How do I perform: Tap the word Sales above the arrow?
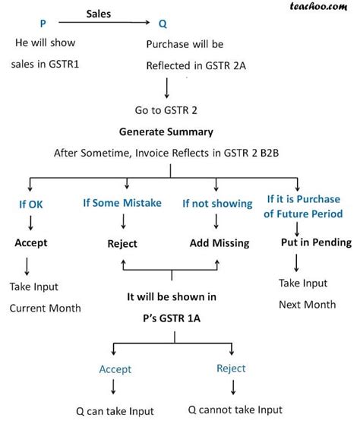tap(102, 14)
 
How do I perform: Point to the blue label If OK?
tap(33, 204)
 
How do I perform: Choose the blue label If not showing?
tap(216, 204)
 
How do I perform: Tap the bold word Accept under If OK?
tap(31, 242)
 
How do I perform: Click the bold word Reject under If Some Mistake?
tap(122, 243)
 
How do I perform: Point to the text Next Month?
tap(307, 304)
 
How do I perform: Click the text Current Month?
tap(45, 309)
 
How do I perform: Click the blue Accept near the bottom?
tap(115, 369)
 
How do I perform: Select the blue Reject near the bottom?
tap(231, 369)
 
